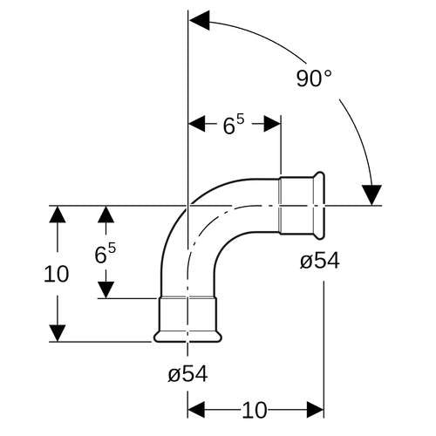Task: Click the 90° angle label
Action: (314, 78)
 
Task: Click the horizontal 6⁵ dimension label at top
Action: (234, 125)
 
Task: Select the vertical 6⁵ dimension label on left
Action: (105, 254)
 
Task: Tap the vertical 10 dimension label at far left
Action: (57, 274)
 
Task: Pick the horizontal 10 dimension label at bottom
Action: (255, 411)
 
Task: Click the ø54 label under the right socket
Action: (320, 261)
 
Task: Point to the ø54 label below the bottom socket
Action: (187, 373)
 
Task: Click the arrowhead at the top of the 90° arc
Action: (200, 20)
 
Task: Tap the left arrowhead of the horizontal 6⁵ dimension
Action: (197, 124)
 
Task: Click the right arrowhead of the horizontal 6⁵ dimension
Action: (272, 124)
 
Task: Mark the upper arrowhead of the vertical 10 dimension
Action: (58, 215)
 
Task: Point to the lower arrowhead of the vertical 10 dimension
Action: (58, 333)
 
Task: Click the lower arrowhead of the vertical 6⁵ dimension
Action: (106, 290)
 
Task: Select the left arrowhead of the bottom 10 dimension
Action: (196, 410)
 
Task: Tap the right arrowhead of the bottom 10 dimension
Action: (316, 410)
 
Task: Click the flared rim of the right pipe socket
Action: (320, 206)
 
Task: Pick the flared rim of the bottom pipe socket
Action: (187, 337)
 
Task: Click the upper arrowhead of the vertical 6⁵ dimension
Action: (106, 215)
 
